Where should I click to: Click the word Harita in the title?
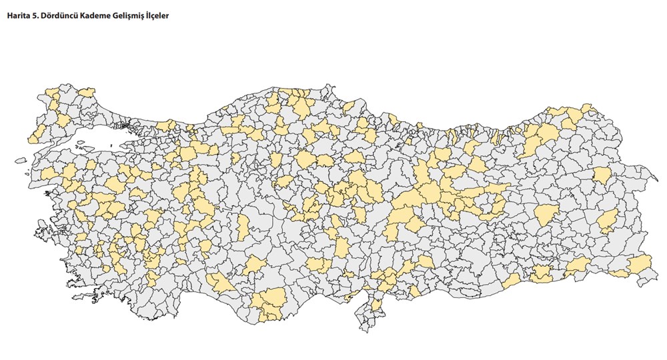point(19,15)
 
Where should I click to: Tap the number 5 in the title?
point(37,15)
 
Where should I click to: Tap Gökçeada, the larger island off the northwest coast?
point(21,160)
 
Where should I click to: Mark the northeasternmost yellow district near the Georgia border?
point(587,108)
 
